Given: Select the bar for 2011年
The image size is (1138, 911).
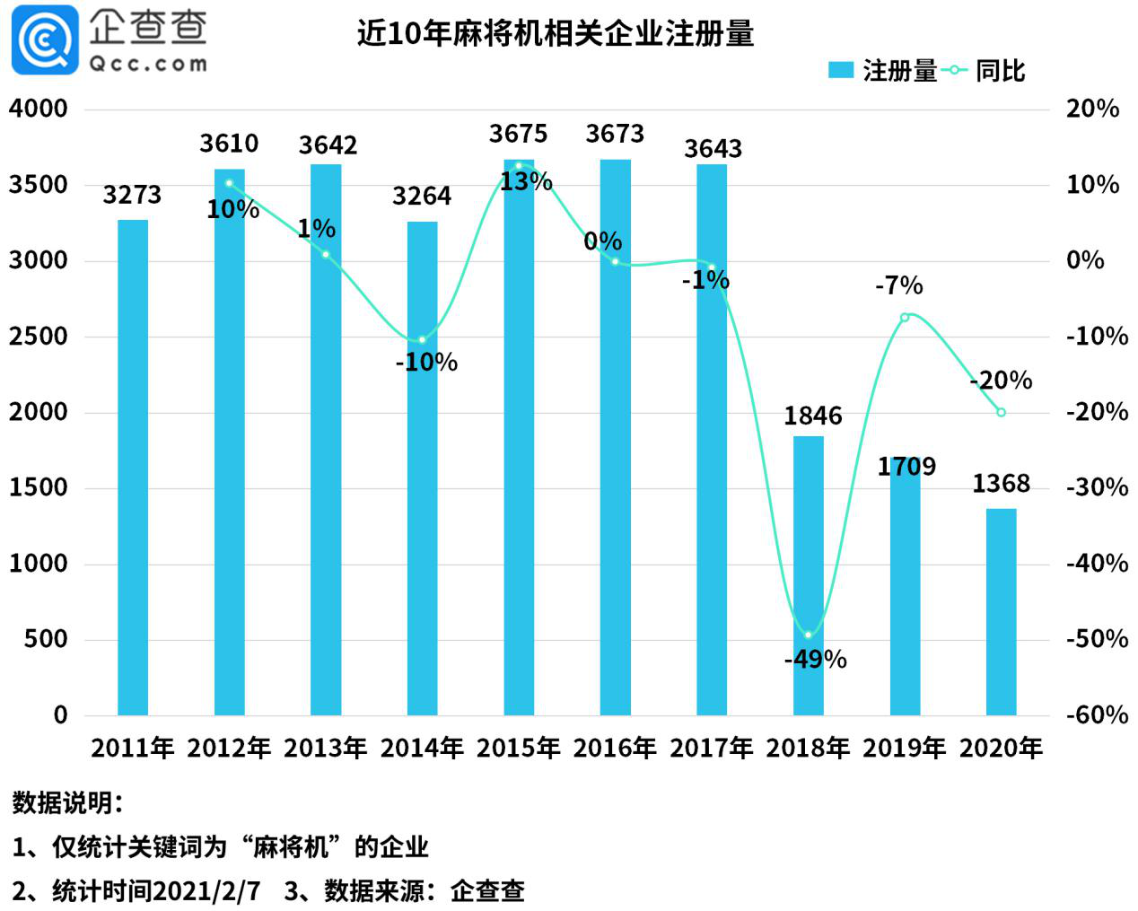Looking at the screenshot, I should click(133, 467).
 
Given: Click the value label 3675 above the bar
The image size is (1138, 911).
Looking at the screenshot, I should click(518, 134).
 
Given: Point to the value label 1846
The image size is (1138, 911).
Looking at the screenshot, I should click(812, 416).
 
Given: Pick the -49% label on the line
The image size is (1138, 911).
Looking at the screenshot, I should click(815, 660).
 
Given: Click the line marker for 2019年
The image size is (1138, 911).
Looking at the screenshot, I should click(905, 317).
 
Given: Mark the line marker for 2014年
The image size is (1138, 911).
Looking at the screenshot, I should click(422, 340).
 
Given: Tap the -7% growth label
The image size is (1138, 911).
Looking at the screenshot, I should click(898, 285).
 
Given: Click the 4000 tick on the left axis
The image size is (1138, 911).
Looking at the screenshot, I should click(39, 109).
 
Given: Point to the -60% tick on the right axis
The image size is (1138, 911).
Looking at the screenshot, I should click(1097, 715).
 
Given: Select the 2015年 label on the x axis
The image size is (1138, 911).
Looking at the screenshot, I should click(518, 748).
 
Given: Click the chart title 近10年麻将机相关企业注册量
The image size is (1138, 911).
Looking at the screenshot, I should click(555, 34).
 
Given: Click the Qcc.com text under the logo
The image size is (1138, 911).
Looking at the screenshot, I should click(148, 64).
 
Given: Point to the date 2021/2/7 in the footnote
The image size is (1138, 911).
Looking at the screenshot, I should click(206, 890).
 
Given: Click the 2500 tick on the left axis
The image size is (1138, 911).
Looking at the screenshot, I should click(39, 337).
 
